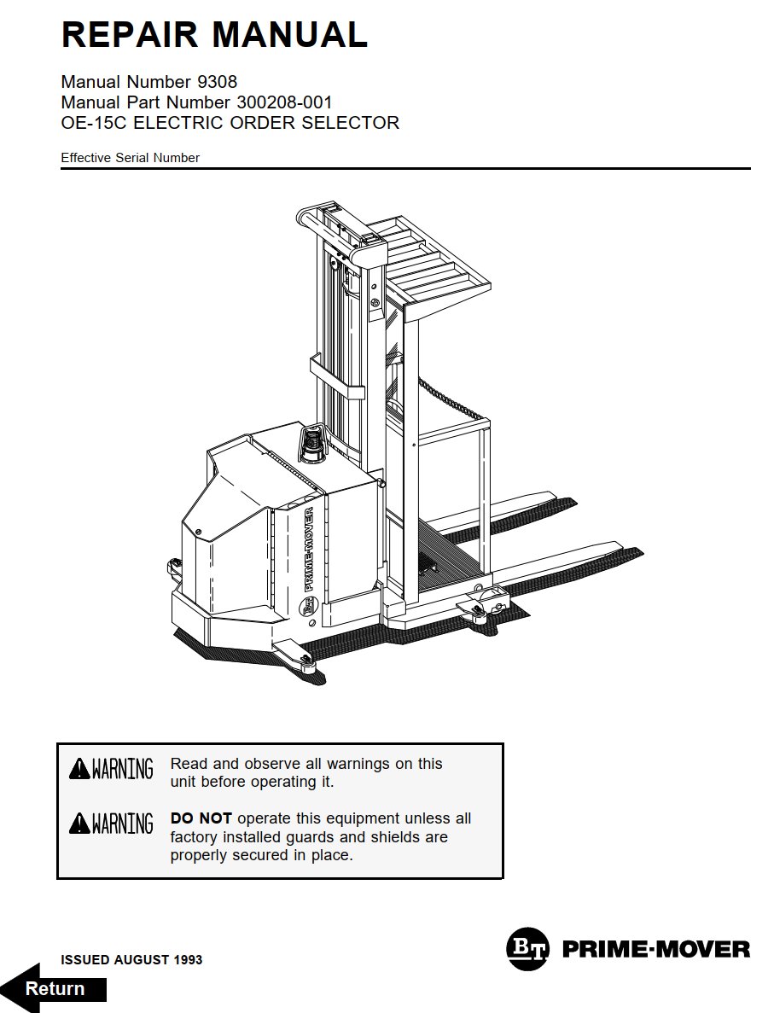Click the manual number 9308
pyautogui.click(x=217, y=82)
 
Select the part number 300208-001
pyautogui.click(x=284, y=102)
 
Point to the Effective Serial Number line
pyautogui.click(x=130, y=158)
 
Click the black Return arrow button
pyautogui.click(x=54, y=988)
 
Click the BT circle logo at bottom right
pyautogui.click(x=529, y=948)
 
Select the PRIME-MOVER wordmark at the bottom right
pyautogui.click(x=656, y=949)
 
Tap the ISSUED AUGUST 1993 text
pyautogui.click(x=131, y=960)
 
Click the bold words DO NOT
pyautogui.click(x=201, y=818)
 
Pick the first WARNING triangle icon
pyautogui.click(x=79, y=769)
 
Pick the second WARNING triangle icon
pyautogui.click(x=79, y=824)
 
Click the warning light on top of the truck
pyautogui.click(x=313, y=443)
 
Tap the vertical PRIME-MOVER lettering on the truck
pyautogui.click(x=308, y=550)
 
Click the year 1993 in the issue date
pyautogui.click(x=188, y=960)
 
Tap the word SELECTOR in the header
pyautogui.click(x=351, y=123)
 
